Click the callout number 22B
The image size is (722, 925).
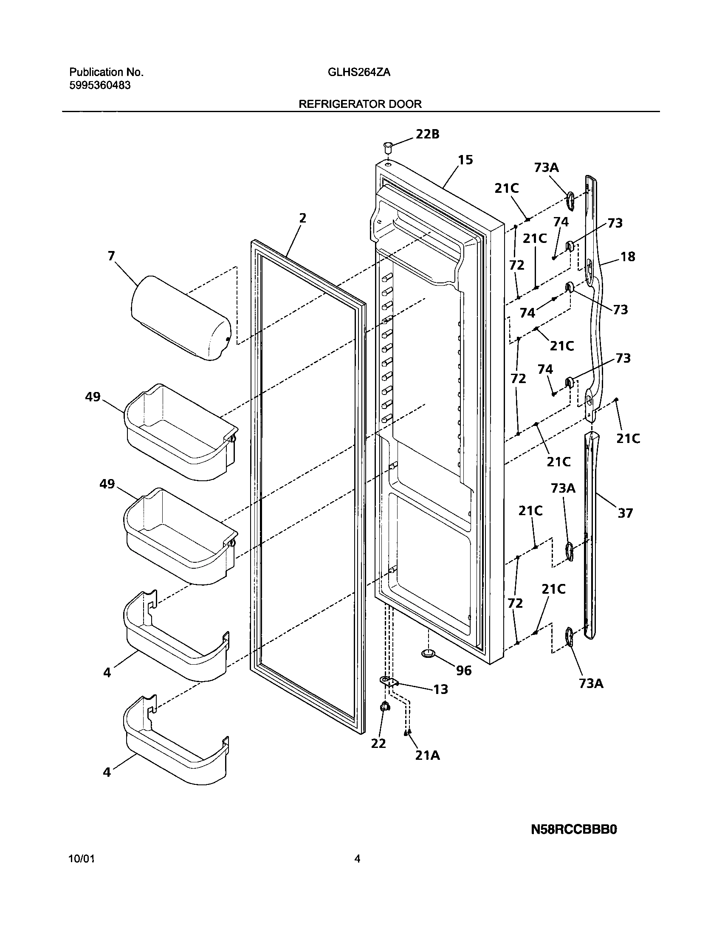pos(427,134)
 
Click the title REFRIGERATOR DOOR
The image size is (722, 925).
pos(360,104)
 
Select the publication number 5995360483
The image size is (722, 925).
pos(100,85)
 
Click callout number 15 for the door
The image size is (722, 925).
pos(465,160)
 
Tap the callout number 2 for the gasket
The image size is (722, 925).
pos(302,218)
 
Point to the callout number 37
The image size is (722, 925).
pos(625,513)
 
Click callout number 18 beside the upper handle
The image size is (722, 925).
pos(628,257)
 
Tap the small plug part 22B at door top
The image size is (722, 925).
pos(387,147)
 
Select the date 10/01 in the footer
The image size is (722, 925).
pos(82,859)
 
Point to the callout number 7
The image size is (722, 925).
pos(111,256)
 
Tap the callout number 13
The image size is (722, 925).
pos(440,689)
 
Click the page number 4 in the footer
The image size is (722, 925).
pos(357,859)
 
